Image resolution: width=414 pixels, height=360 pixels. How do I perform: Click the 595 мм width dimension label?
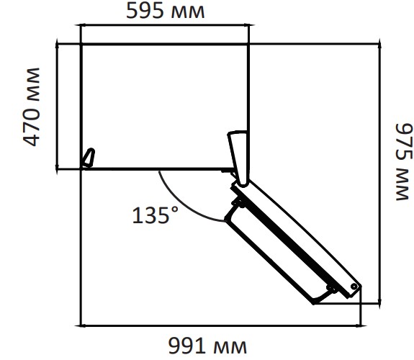(x=166, y=11)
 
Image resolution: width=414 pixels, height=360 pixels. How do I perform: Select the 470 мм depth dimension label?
(x=32, y=107)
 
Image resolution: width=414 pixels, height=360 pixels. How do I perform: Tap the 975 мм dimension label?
(x=403, y=162)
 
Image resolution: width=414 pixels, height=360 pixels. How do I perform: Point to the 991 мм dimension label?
(x=207, y=346)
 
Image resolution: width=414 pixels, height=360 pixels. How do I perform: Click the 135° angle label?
(x=156, y=215)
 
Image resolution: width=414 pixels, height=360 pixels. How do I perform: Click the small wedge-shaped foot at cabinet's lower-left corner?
(x=89, y=158)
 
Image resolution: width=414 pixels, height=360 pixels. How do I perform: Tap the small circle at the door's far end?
(x=354, y=287)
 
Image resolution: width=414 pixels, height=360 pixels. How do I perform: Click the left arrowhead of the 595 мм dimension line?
(x=83, y=25)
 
